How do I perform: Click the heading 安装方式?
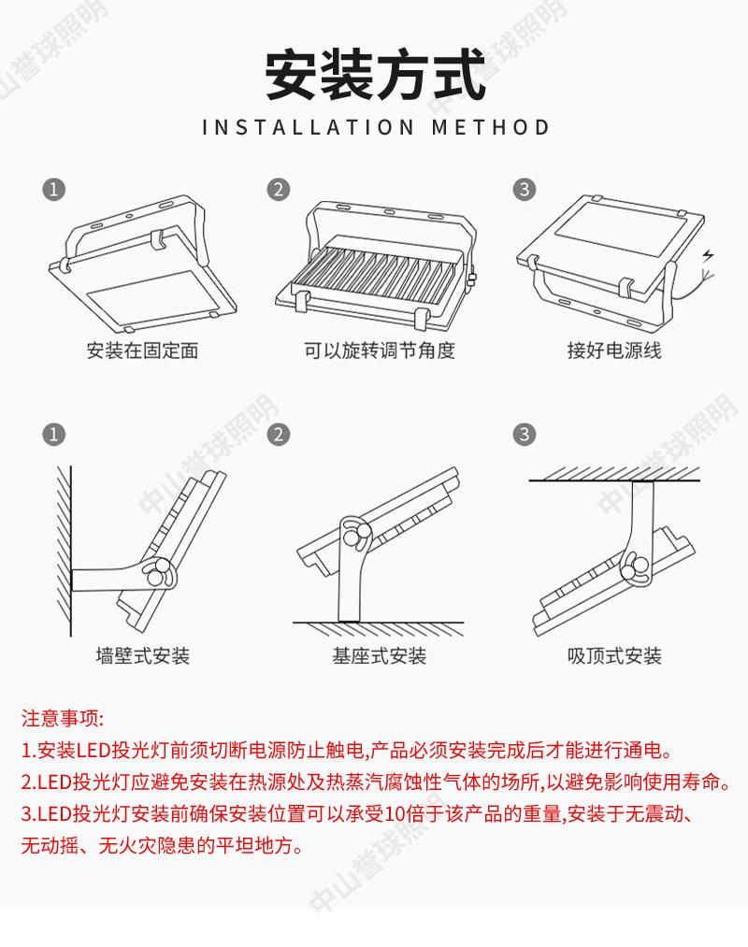375,74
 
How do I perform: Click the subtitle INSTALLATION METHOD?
376,127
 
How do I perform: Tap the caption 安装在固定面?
142,351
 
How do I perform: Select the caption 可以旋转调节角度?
379,351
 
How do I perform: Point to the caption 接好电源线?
614,351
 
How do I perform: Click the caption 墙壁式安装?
142,655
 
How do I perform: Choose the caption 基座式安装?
379,655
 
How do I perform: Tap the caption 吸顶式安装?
614,655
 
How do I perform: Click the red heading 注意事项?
63,718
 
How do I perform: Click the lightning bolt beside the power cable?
708,255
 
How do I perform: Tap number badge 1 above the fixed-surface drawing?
55,189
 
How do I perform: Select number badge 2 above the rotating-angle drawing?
278,189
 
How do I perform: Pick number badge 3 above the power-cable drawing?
525,189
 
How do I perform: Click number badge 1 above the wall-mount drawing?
55,435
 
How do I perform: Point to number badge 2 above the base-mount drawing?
278,435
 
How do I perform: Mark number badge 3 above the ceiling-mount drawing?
525,435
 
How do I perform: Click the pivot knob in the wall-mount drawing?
157,572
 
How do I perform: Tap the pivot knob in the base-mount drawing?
354,533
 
